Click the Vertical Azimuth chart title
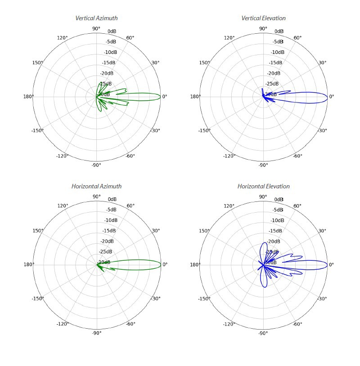coord(96,18)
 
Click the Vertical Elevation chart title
coord(263,18)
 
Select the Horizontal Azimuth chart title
coord(96,186)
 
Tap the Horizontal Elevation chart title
coord(263,186)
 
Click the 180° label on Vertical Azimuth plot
coord(28,97)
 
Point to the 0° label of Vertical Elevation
coord(332,97)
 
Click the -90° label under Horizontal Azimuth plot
coord(96,333)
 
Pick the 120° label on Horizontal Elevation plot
coord(229,206)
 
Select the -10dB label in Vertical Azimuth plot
coord(111,52)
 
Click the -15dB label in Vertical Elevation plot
coord(276,63)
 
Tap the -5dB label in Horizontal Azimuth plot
coord(111,210)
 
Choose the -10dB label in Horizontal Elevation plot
coord(277,220)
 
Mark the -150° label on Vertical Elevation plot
coord(204,130)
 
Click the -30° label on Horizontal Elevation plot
coord(322,299)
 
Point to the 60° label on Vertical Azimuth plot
coord(130,38)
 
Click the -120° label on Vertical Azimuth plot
coord(62,156)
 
